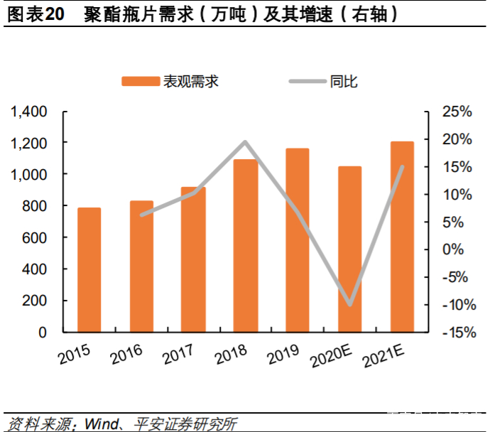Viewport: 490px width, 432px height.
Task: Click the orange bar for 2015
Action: point(89,270)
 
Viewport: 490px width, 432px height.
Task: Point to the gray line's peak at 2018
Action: point(245,142)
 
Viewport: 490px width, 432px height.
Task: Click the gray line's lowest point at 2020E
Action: point(349,305)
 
